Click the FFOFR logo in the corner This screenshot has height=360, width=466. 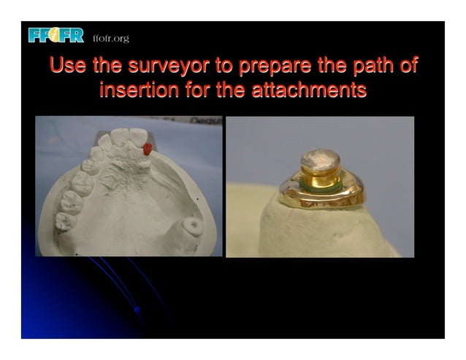click(56, 35)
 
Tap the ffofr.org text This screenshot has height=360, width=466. click(111, 38)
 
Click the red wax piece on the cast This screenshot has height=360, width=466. click(148, 148)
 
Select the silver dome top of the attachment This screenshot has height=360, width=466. click(320, 161)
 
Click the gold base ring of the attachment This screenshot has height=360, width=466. click(321, 196)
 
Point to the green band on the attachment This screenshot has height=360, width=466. click(321, 186)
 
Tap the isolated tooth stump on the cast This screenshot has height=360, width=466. click(193, 226)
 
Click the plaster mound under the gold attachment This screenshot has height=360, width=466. click(321, 230)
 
